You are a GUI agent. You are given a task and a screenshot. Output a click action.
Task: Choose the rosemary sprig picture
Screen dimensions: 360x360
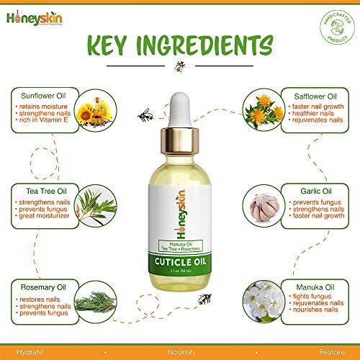pos(94,297)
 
